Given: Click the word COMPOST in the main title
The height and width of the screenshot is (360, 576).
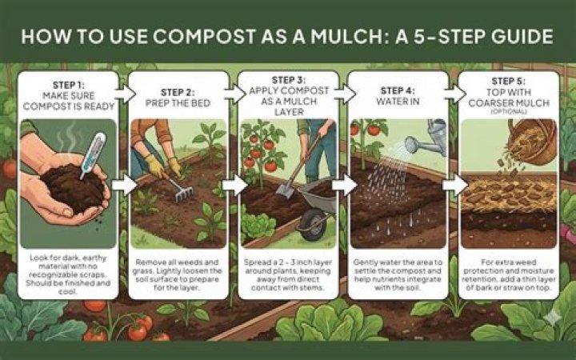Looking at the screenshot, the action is (x=203, y=36).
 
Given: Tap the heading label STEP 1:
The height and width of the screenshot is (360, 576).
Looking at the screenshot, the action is (x=69, y=86).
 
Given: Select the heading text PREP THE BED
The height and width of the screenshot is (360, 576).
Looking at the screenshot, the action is (x=178, y=103).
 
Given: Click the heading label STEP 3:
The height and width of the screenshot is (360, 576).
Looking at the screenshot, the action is (x=289, y=80).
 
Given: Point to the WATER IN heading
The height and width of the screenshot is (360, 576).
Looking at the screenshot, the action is (x=398, y=102).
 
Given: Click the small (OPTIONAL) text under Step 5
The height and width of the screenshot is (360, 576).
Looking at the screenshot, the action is (x=509, y=112).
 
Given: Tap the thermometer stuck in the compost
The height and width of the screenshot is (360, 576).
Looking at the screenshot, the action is (x=94, y=154).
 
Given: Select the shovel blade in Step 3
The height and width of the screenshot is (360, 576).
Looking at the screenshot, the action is (x=283, y=189).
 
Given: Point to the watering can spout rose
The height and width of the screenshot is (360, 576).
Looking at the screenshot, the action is (x=411, y=144).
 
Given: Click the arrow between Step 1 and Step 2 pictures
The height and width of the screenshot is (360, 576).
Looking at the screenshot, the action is (x=124, y=185).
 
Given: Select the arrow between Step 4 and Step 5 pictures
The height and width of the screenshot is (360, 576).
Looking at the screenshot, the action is (x=455, y=185).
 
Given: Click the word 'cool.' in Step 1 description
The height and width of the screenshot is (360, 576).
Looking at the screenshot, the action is (x=68, y=292).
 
